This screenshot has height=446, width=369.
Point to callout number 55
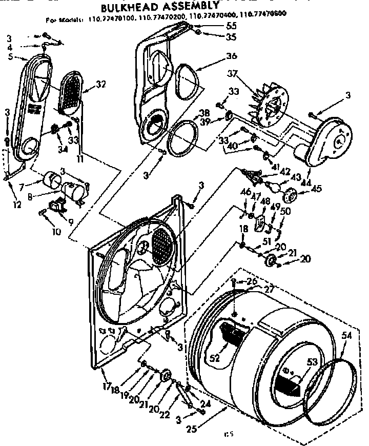[x=231, y=26]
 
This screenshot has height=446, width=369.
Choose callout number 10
[x=56, y=231]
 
